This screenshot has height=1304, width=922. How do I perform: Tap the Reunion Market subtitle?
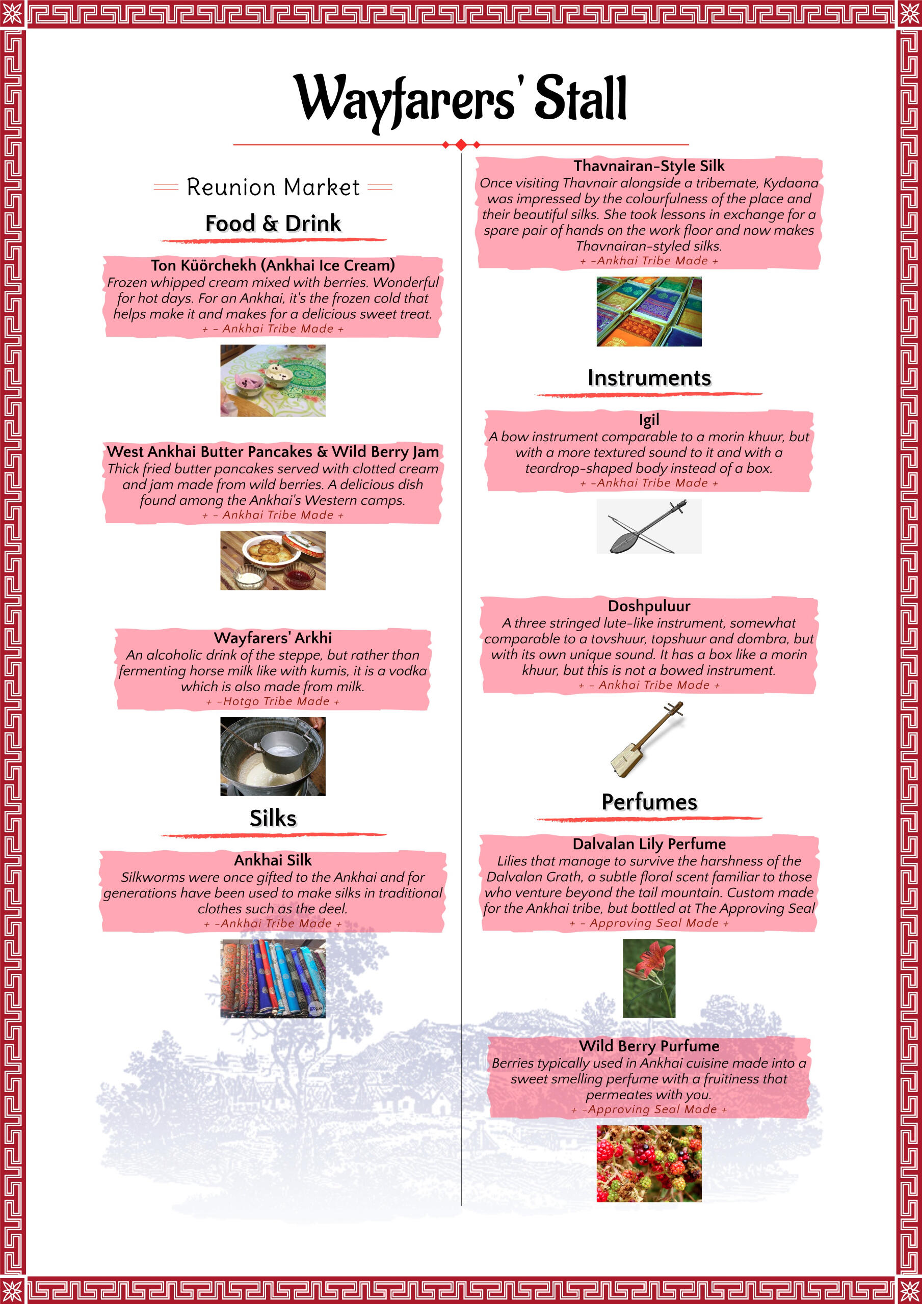click(273, 187)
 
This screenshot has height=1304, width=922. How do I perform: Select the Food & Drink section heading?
click(273, 223)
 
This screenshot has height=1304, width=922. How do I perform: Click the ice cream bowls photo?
click(273, 381)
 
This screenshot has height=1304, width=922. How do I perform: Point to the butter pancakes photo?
click(273, 560)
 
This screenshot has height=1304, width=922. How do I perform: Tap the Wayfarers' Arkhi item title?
click(273, 638)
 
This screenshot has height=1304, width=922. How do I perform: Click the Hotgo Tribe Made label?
click(273, 701)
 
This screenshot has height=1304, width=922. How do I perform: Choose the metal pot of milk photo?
click(273, 756)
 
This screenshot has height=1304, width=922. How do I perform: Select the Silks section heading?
click(273, 819)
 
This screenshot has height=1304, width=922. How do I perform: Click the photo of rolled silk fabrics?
click(273, 978)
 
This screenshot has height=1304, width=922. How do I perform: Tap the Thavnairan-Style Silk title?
click(649, 166)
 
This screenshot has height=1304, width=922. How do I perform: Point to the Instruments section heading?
click(649, 377)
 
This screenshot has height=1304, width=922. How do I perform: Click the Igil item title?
click(649, 420)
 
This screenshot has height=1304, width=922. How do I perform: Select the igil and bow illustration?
click(649, 527)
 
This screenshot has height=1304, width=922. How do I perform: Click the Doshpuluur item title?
click(649, 606)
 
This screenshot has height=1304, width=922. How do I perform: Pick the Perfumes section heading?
click(649, 802)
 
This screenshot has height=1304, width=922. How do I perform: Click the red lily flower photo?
click(649, 977)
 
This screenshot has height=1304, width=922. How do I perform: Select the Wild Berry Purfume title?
click(649, 1046)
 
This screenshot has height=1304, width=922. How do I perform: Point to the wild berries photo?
click(649, 1163)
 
